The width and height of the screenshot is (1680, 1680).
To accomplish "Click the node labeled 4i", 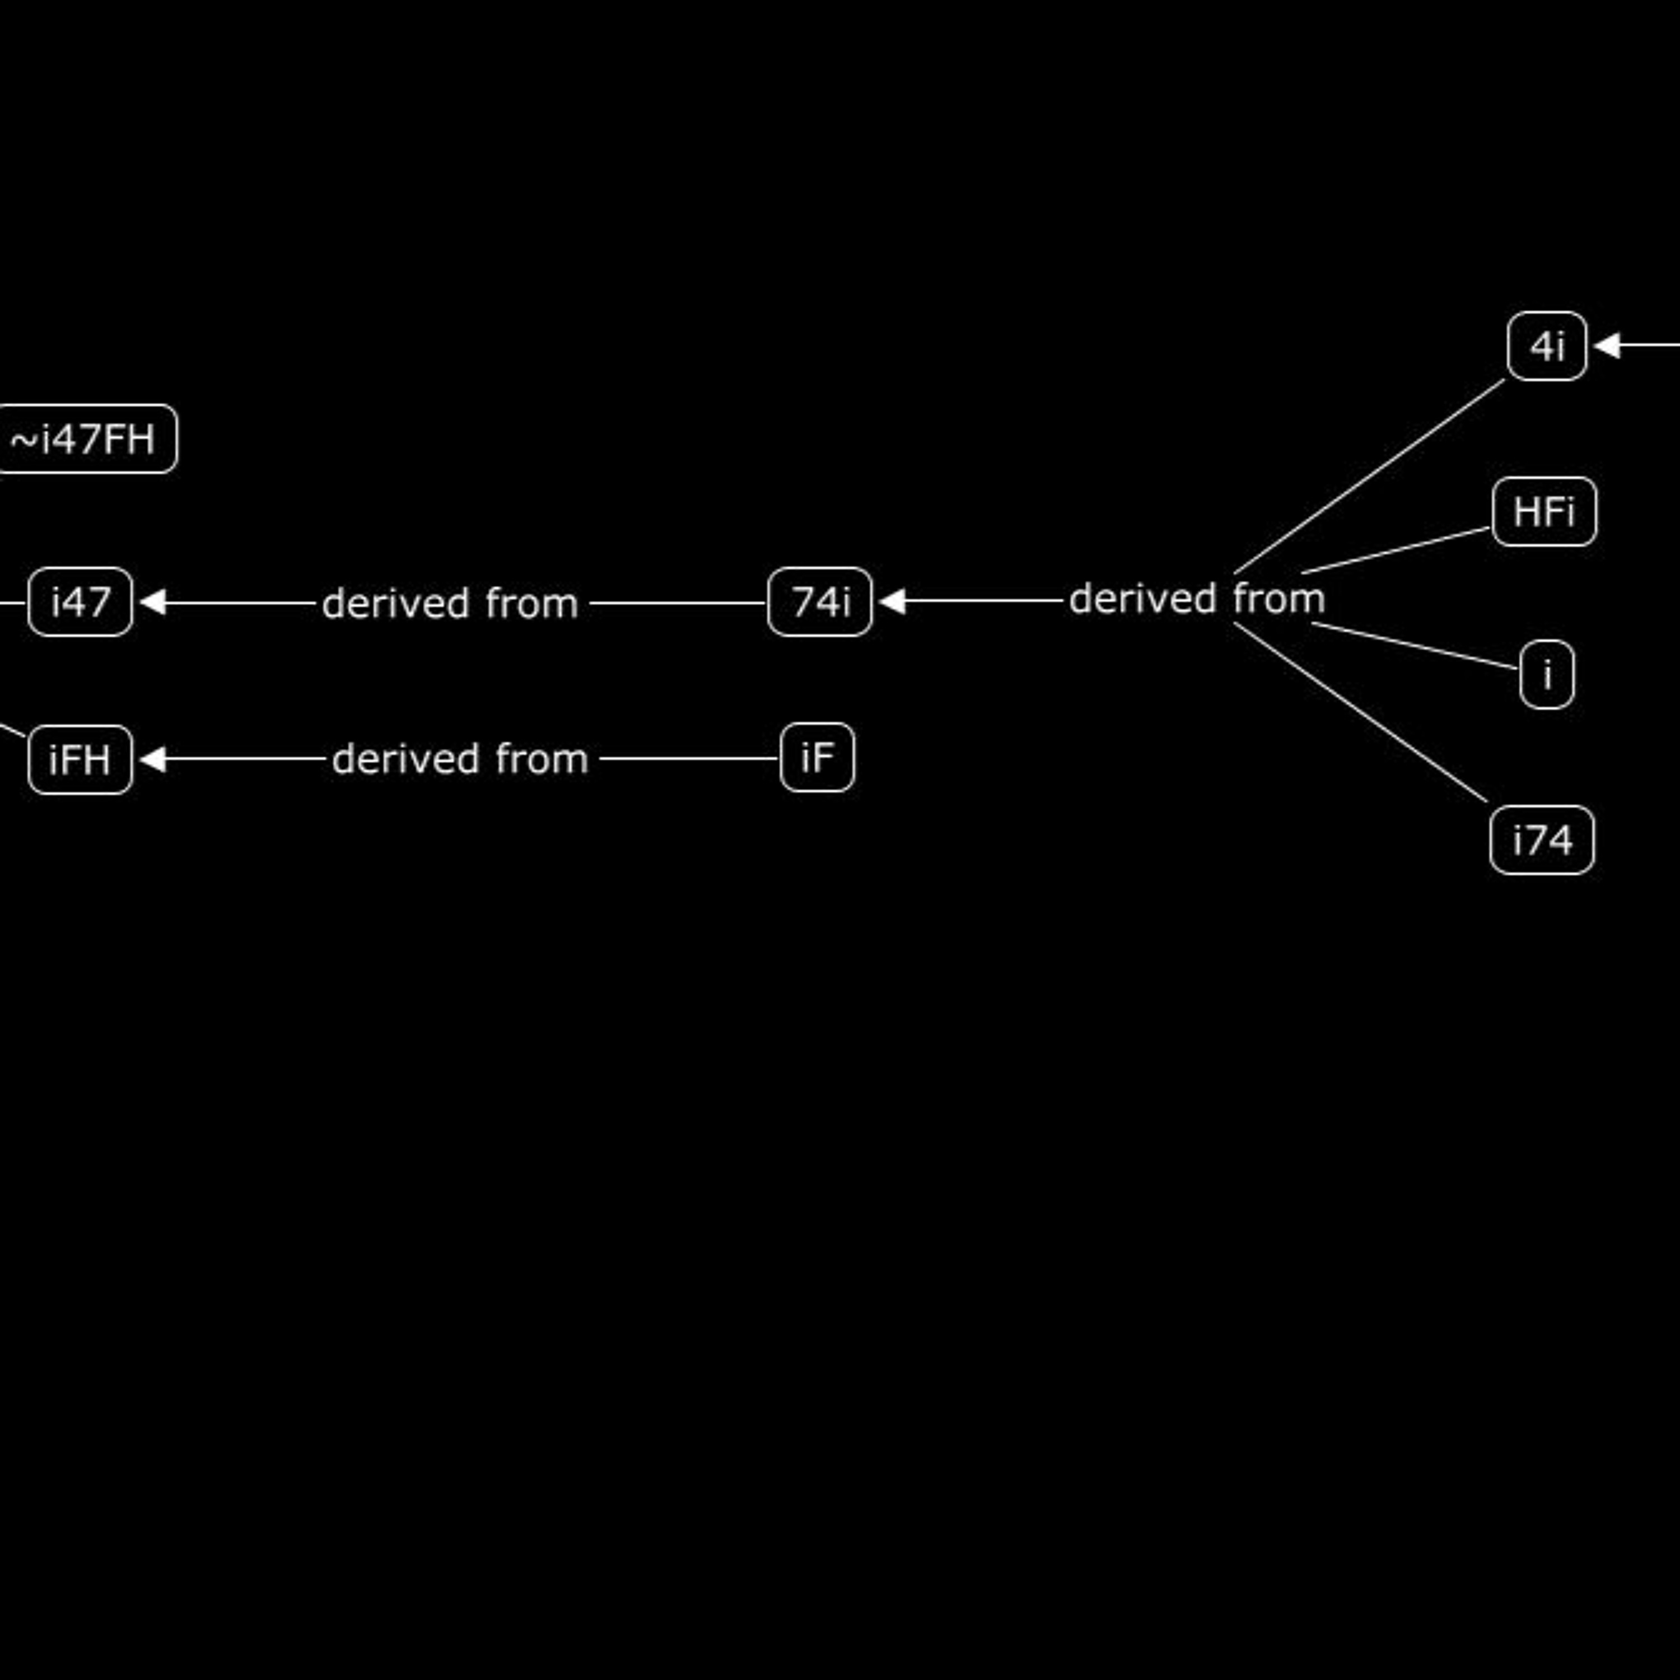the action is pos(1547,346).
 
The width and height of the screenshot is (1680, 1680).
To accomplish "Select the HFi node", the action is pos(1544,511).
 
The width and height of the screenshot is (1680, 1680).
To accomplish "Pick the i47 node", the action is pos(80,602).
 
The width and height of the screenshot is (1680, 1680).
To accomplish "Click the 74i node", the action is pos(820,602).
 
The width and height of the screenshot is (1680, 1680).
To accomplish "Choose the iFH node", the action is pos(80,759).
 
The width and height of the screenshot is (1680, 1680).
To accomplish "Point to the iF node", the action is pos(818,757).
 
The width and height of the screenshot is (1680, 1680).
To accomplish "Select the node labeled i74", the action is pos(1542,840).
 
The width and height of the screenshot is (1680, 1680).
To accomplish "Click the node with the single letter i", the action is pos(1547,675).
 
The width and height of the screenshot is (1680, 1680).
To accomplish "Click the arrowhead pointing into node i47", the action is pos(153,602).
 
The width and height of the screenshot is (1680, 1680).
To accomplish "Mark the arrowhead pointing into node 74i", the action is pos(892,601).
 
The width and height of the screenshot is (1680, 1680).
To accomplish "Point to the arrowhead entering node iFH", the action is pos(153,759).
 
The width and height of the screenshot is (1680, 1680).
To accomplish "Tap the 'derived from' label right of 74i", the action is pos(1197,599).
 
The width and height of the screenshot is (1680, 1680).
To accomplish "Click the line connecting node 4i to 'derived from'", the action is pos(1369,477).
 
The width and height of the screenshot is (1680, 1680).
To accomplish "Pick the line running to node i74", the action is pos(1360,712).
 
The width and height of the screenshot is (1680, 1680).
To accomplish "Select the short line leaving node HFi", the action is pos(1396,550).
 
